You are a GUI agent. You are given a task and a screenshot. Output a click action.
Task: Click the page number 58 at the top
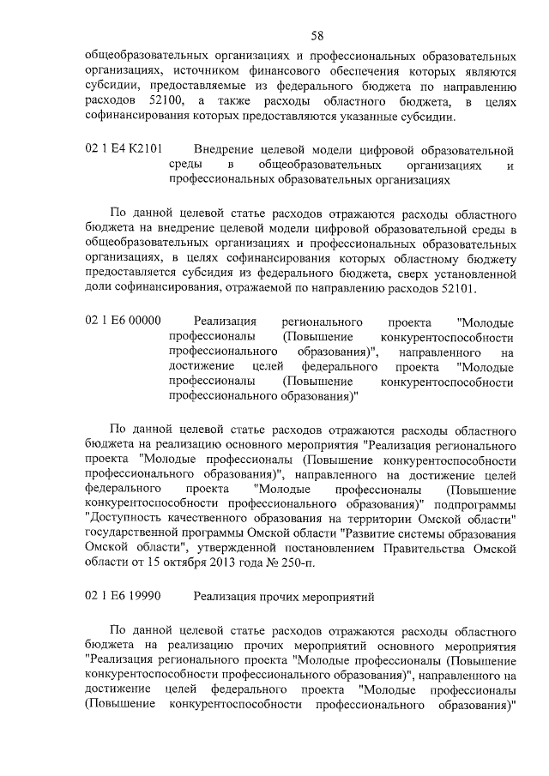[317, 35]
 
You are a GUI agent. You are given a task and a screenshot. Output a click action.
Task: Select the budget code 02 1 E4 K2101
[124, 148]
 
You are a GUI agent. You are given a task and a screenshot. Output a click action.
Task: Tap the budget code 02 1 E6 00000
[124, 322]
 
